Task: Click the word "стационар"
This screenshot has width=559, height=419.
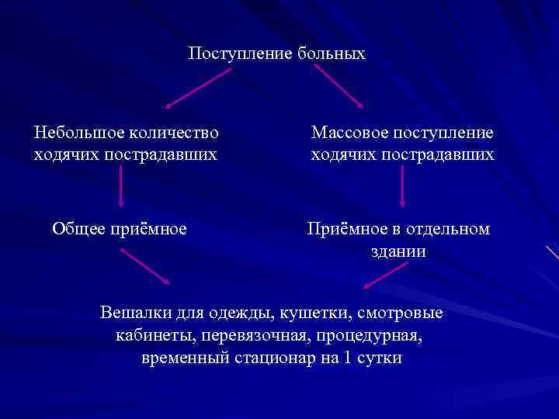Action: tap(275, 360)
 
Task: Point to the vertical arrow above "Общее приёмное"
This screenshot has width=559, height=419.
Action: tap(120, 188)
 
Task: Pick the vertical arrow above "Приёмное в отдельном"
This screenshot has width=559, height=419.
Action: tap(402, 188)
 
